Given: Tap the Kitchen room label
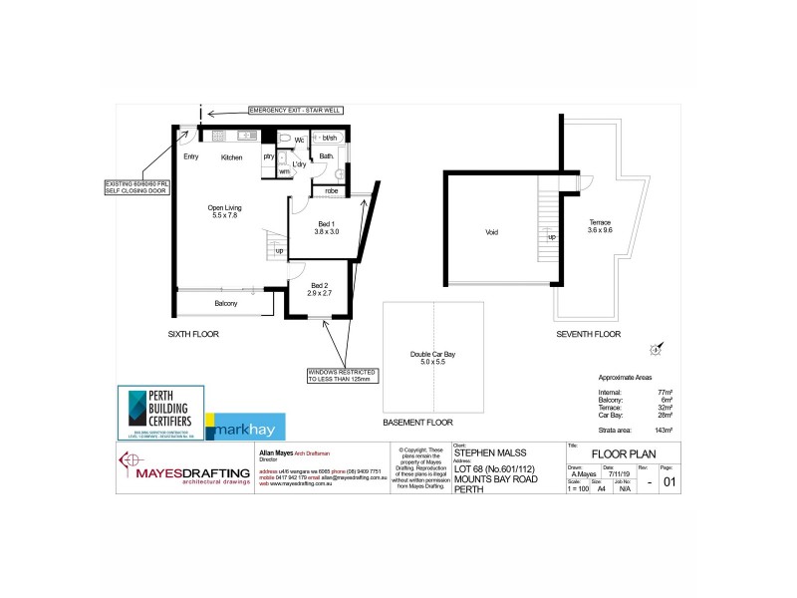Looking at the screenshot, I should pyautogui.click(x=232, y=157).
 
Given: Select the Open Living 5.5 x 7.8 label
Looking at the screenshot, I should pyautogui.click(x=224, y=211).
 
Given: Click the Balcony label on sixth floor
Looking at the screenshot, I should pyautogui.click(x=226, y=303).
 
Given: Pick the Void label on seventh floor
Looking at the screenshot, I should pyautogui.click(x=491, y=232).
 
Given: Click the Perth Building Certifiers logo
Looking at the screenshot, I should pyautogui.click(x=160, y=412).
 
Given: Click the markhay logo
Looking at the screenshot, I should pyautogui.click(x=245, y=425).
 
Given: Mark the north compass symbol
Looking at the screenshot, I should pyautogui.click(x=655, y=349).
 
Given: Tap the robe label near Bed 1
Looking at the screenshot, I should pyautogui.click(x=331, y=190).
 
